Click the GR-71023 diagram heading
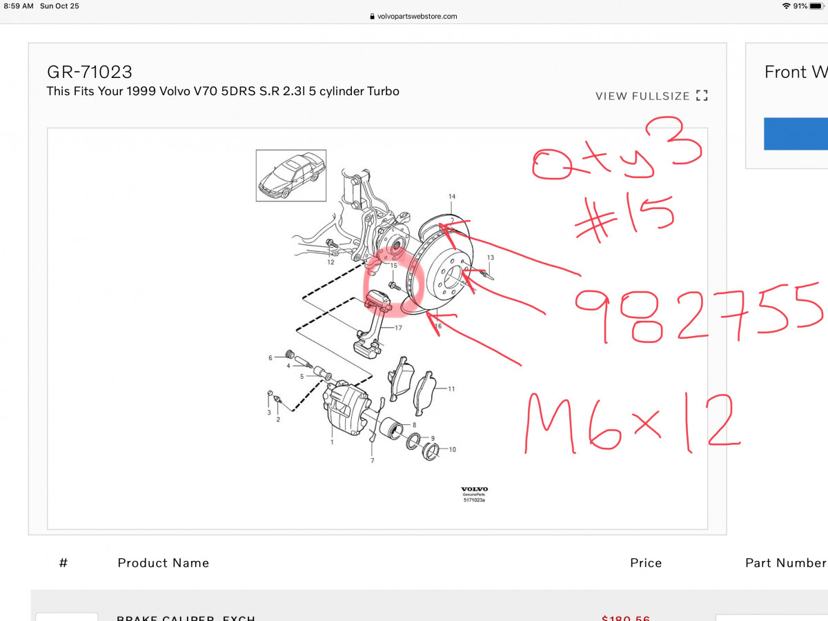click(90, 72)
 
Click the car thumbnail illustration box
click(291, 175)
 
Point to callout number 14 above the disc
click(452, 197)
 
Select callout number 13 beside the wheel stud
click(491, 257)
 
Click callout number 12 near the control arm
click(331, 262)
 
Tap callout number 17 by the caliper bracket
click(398, 328)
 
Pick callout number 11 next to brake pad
click(451, 388)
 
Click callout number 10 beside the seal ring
click(453, 449)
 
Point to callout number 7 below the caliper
click(373, 460)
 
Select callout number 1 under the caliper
click(332, 442)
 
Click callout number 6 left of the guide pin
click(270, 357)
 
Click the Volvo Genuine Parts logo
click(474, 494)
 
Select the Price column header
click(646, 563)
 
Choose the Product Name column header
click(164, 563)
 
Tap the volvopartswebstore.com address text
click(417, 17)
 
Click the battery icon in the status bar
click(816, 6)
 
